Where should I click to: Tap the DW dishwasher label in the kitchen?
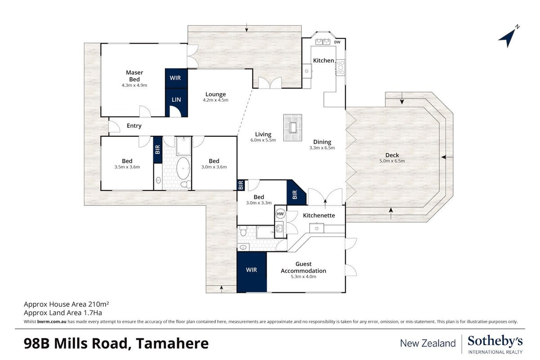(x=337, y=42)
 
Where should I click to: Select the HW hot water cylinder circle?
(x=280, y=214)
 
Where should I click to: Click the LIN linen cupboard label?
(x=176, y=99)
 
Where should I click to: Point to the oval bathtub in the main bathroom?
(x=183, y=168)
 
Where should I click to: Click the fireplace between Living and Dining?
(x=293, y=127)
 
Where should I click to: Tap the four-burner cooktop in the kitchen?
(x=341, y=67)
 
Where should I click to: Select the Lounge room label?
(x=215, y=94)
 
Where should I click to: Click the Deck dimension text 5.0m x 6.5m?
(x=392, y=161)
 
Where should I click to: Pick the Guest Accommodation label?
(x=303, y=267)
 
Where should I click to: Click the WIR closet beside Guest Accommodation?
(x=252, y=272)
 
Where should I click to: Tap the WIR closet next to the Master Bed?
(x=176, y=78)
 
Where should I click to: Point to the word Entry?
(x=134, y=126)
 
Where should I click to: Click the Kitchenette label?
(x=319, y=216)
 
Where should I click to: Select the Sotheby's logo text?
(x=495, y=341)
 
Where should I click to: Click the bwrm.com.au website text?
(x=52, y=322)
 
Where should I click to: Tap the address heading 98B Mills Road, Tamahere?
(x=116, y=344)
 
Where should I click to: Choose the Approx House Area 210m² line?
(x=66, y=304)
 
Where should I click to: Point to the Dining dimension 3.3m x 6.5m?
(x=322, y=148)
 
